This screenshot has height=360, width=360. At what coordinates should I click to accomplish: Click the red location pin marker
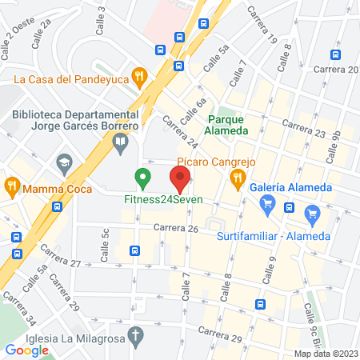180,176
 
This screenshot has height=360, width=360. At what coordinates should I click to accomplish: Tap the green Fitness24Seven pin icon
143,177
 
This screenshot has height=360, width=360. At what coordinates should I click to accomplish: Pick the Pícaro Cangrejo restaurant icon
238,181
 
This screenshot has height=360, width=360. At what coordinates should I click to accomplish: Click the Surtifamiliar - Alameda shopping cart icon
312,214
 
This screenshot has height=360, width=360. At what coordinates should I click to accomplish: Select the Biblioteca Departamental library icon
121,144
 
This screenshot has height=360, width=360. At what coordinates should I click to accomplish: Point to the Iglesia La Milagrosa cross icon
137,334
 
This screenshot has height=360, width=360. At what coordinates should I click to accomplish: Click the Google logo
26,350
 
